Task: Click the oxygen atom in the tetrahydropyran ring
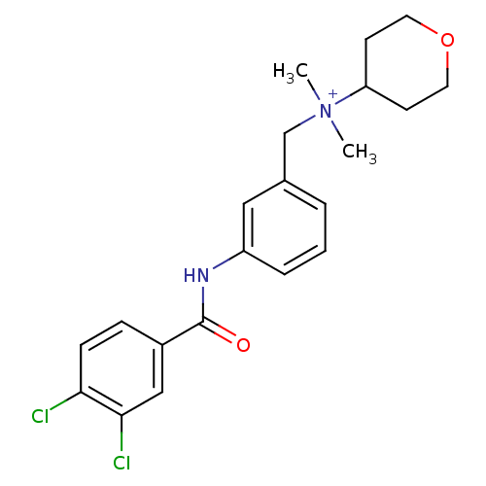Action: click(x=447, y=40)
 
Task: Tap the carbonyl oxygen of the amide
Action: click(x=243, y=345)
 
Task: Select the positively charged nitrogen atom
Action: click(x=326, y=112)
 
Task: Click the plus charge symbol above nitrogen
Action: click(x=332, y=94)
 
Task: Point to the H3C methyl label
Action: click(x=291, y=72)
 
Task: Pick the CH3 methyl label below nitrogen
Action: click(x=360, y=153)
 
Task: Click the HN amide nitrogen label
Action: click(x=196, y=275)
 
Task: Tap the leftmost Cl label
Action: click(x=40, y=416)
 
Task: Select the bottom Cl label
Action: click(x=121, y=463)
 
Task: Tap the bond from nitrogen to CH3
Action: click(x=337, y=130)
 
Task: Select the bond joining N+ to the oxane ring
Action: click(x=350, y=95)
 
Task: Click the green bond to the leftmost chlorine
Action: click(x=65, y=401)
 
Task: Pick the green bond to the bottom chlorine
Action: click(x=121, y=433)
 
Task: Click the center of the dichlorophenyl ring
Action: click(x=121, y=368)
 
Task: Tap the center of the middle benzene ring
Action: click(x=285, y=227)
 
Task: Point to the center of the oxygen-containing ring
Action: click(x=406, y=62)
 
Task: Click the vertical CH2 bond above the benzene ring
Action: click(x=285, y=156)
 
